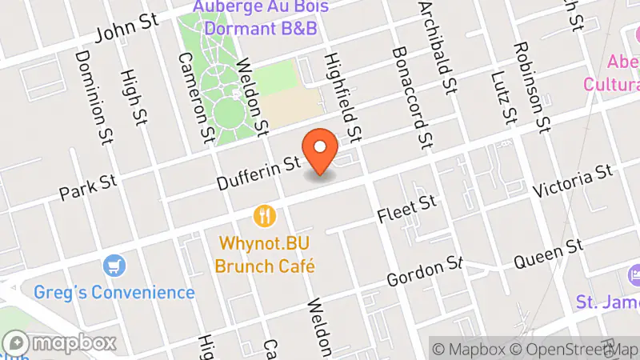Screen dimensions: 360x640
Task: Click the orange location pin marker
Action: (x=321, y=151)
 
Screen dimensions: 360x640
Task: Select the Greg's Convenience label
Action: (x=114, y=292)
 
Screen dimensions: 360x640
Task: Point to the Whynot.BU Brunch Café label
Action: (x=265, y=254)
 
